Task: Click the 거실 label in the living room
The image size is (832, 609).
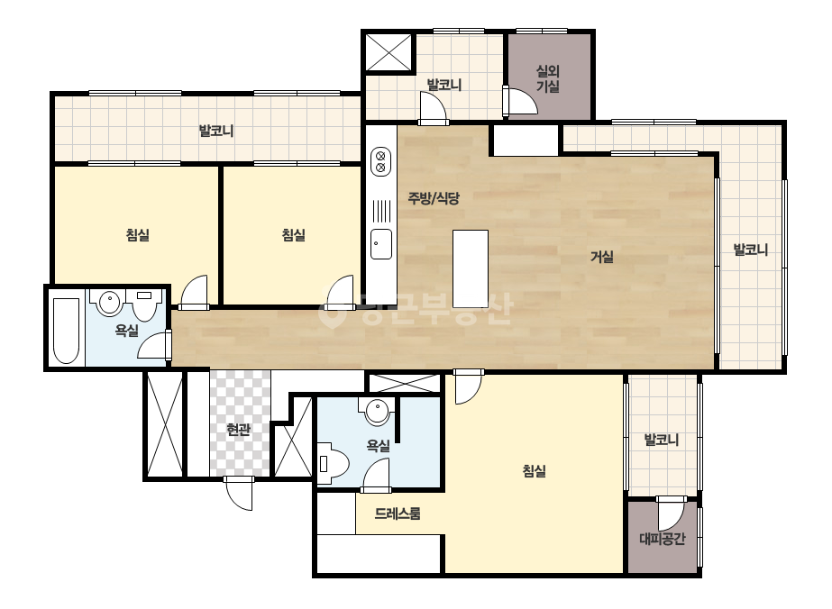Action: [x=602, y=258]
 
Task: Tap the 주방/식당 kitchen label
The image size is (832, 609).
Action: [x=433, y=198]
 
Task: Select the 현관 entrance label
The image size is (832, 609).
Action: [x=238, y=429]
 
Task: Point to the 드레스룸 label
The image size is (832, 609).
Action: [x=398, y=514]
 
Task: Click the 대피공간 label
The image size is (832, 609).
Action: [x=663, y=539]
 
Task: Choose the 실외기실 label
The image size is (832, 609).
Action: [x=548, y=78]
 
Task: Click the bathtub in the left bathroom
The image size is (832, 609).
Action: [x=67, y=331]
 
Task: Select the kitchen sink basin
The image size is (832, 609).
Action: [x=381, y=244]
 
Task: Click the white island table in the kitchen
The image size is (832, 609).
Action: [x=471, y=268]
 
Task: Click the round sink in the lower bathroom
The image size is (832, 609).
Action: [x=378, y=412]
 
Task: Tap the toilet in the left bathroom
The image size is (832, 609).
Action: [x=144, y=304]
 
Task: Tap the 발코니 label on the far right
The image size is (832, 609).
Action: [x=750, y=250]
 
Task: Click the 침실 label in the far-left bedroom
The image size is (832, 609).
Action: [x=137, y=234]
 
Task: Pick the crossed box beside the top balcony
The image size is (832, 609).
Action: [x=389, y=52]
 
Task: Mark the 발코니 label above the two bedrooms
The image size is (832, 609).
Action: [x=216, y=131]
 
